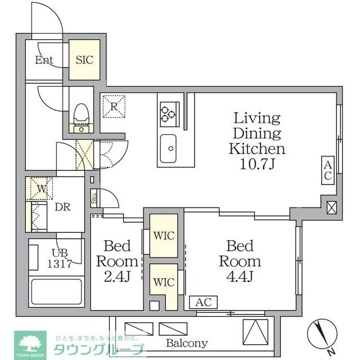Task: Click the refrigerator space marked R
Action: (114, 106)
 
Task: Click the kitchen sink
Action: (168, 147)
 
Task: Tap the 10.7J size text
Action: (256, 164)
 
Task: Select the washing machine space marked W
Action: (40, 189)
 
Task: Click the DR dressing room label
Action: (62, 206)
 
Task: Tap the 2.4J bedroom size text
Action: (118, 277)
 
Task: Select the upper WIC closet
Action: (163, 234)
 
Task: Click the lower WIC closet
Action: (163, 281)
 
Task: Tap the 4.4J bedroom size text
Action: (240, 277)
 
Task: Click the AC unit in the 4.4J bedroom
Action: (204, 302)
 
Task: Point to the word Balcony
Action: (186, 343)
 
